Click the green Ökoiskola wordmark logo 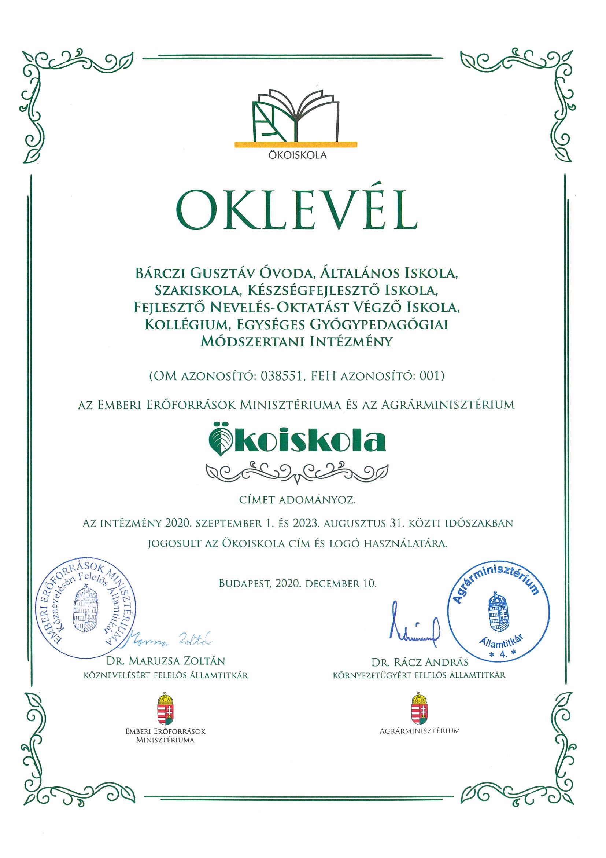pyautogui.click(x=297, y=441)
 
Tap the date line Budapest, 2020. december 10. pyautogui.click(x=297, y=584)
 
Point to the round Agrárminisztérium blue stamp pyautogui.click(x=498, y=616)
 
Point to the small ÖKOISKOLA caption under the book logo pyautogui.click(x=297, y=155)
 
